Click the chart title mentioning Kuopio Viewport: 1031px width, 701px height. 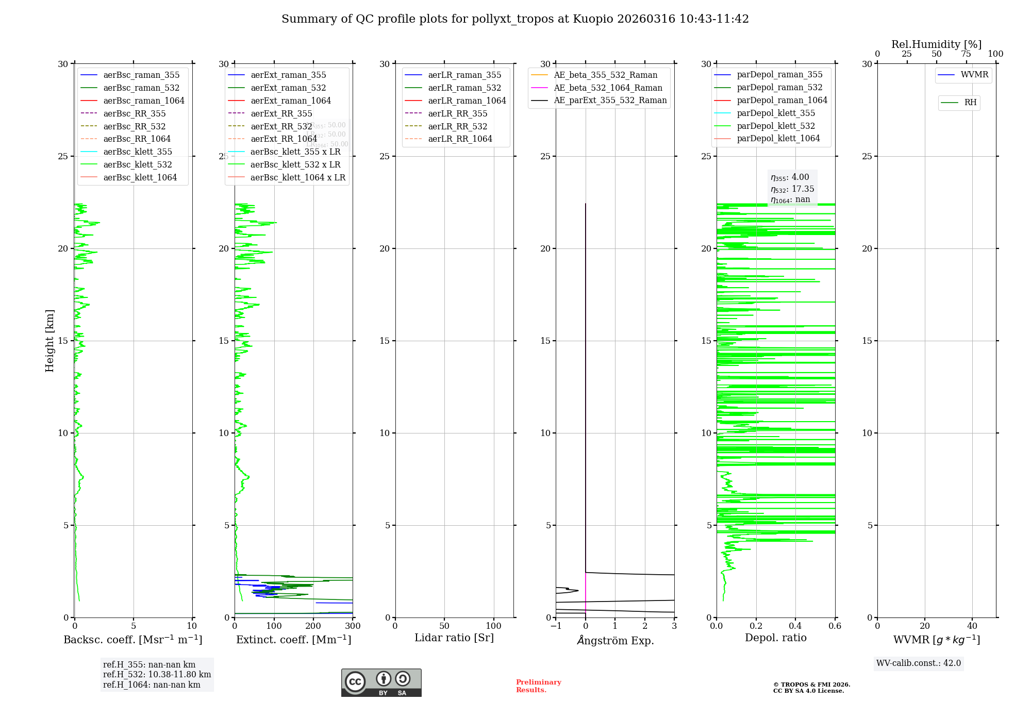515,19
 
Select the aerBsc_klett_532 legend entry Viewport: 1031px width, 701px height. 137,164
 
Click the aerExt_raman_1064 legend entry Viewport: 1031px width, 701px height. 290,101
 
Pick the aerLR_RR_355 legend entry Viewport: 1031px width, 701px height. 457,113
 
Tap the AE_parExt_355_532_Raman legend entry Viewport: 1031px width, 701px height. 610,100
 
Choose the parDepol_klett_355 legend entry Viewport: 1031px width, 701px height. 776,113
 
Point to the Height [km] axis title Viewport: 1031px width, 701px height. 49,341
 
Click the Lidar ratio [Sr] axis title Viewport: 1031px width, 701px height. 454,638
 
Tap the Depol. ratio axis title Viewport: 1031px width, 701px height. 775,638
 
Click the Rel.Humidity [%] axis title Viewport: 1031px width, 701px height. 936,44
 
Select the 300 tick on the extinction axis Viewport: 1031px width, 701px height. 353,626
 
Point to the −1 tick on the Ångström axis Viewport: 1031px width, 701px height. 556,626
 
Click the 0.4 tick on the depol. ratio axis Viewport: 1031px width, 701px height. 795,626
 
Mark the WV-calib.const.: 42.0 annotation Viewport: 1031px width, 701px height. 918,663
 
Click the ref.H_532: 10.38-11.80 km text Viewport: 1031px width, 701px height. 157,674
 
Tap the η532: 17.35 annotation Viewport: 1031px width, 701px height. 792,189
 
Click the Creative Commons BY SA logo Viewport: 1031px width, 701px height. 381,682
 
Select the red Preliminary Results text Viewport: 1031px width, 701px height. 538,686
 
